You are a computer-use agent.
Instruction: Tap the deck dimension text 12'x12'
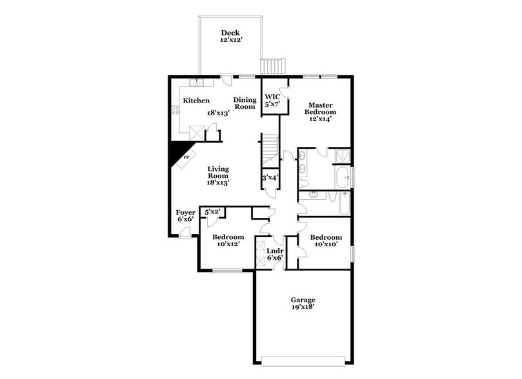(230, 41)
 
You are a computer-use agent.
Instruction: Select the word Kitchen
(196, 101)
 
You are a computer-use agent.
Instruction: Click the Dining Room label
(245, 103)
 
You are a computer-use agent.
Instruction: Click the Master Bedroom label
(321, 108)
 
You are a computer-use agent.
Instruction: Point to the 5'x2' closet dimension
(212, 211)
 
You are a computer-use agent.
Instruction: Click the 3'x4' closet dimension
(269, 177)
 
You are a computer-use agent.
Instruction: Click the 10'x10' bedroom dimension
(326, 245)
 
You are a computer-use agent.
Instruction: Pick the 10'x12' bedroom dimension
(229, 245)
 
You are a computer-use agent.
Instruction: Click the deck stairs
(272, 66)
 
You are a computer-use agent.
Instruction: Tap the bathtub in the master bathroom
(343, 176)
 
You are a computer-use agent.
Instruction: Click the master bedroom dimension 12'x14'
(321, 119)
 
